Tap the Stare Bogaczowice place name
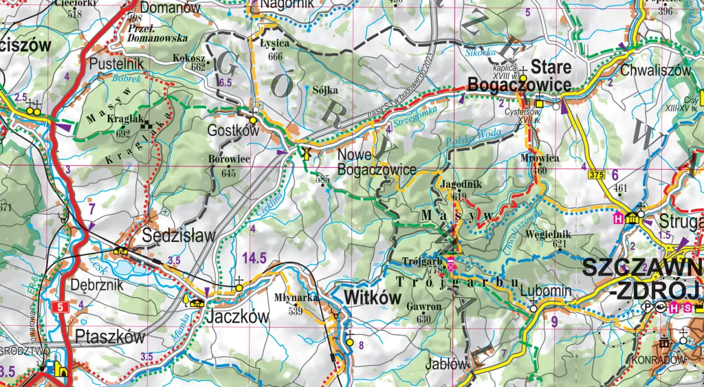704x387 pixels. (x=519, y=77)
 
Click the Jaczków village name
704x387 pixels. (x=238, y=317)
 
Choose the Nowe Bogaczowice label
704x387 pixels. (x=376, y=162)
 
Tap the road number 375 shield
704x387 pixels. (x=596, y=175)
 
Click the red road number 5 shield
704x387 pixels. (x=59, y=307)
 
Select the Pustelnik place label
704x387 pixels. (x=116, y=64)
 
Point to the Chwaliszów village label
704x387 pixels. (x=655, y=70)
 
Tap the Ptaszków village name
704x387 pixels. (x=110, y=336)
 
